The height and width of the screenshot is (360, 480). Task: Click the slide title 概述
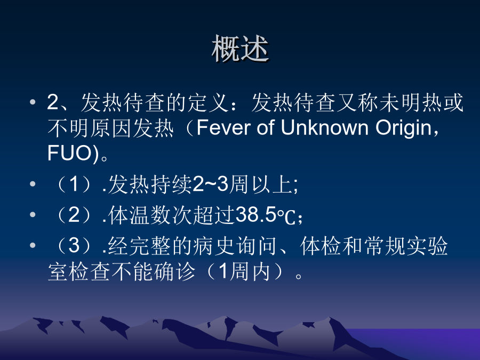point(241,49)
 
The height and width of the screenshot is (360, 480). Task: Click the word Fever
point(223,127)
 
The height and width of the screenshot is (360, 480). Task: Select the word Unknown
point(324,127)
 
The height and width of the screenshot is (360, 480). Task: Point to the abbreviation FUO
point(69,153)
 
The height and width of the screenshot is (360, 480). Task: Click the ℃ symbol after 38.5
point(286,216)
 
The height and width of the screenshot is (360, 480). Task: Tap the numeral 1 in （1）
point(74,184)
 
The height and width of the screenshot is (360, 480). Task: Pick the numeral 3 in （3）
point(74,245)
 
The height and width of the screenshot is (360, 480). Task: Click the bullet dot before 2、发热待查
point(33,102)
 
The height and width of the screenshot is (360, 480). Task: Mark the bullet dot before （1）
point(33,183)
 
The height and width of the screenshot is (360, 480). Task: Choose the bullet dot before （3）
point(33,245)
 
